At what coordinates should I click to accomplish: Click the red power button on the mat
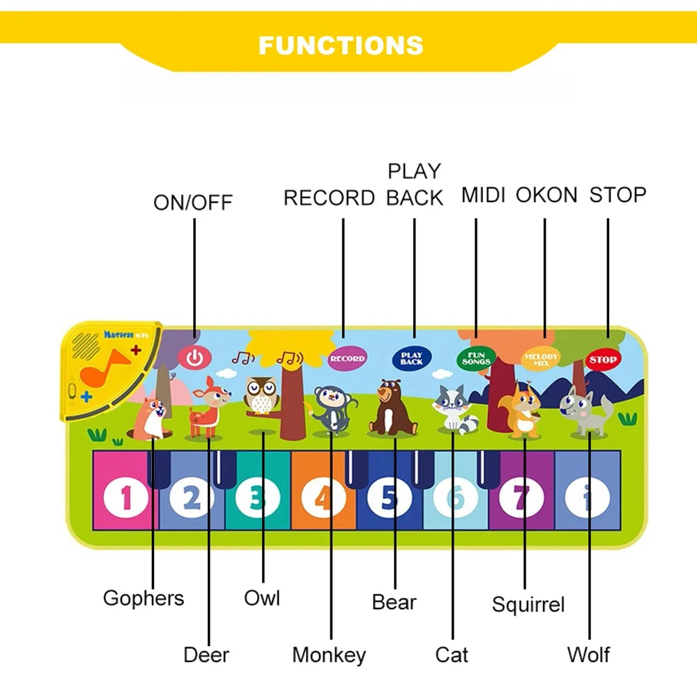point(194,358)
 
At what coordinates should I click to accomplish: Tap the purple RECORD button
point(347,358)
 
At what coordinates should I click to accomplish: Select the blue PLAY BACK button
point(412,358)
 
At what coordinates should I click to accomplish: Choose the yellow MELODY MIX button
point(542,358)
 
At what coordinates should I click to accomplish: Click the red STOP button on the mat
point(602,360)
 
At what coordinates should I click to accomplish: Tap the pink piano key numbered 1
point(125,497)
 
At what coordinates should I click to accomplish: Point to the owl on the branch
point(261,395)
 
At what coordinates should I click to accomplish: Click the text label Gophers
point(144,598)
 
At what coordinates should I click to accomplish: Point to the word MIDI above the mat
point(483,195)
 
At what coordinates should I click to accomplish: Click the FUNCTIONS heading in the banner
point(341,45)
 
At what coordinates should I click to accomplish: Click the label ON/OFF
point(193,203)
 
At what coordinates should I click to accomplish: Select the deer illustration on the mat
point(206,407)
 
